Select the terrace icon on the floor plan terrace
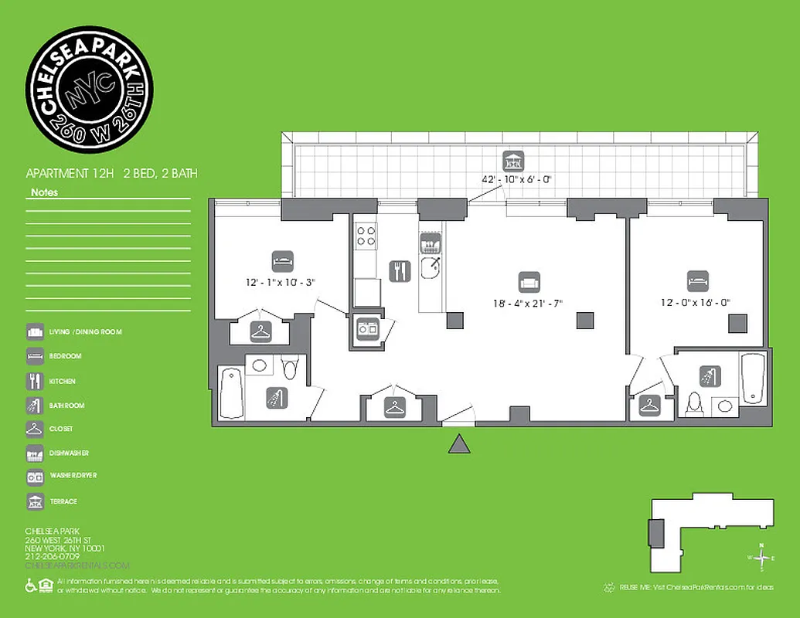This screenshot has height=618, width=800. [x=512, y=160]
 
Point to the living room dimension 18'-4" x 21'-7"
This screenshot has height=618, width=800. [x=529, y=303]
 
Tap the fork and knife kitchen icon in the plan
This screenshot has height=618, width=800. [x=399, y=270]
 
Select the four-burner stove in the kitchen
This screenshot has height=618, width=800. [x=366, y=236]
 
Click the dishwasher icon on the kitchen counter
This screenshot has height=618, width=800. [x=430, y=243]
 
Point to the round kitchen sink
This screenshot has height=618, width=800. [x=431, y=268]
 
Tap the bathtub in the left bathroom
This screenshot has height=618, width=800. [x=230, y=393]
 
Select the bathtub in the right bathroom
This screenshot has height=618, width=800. [x=752, y=378]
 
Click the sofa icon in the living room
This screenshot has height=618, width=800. [x=529, y=280]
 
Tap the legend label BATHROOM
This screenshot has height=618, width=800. [x=66, y=406]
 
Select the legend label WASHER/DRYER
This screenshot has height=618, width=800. [x=73, y=476]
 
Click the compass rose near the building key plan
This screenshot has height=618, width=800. [x=762, y=557]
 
